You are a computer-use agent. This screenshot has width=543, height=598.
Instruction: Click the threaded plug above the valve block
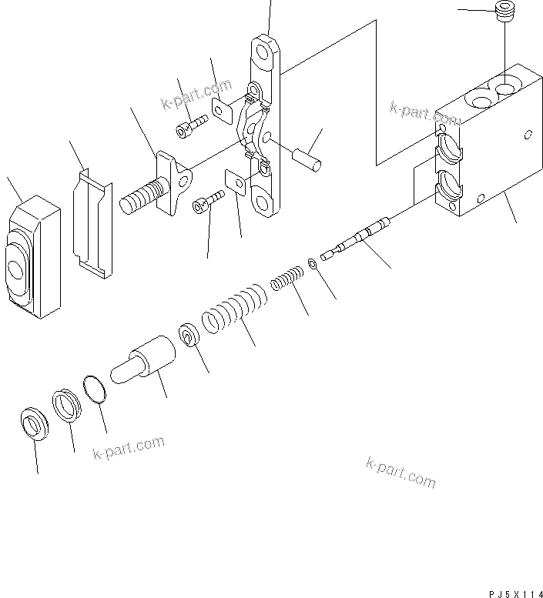(x=505, y=13)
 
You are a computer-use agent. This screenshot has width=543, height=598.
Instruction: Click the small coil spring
(x=287, y=278)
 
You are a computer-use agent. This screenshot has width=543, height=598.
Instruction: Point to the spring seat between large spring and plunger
(x=188, y=336)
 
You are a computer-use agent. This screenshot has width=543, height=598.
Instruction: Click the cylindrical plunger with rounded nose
(x=145, y=362)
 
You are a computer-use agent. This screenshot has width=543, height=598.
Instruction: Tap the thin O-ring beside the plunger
(x=96, y=389)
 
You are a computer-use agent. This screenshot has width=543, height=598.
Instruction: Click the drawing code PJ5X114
(x=515, y=593)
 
